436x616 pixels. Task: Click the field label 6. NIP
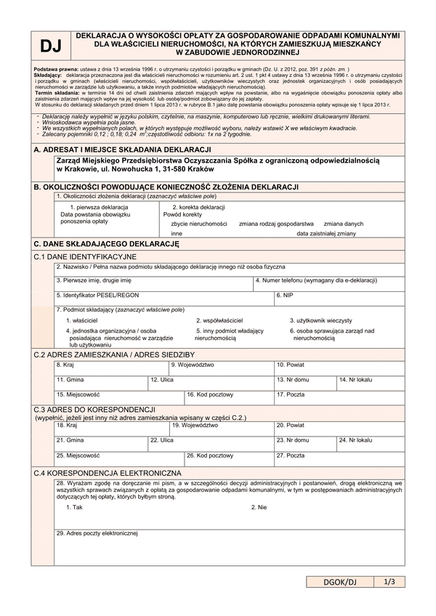(x=286, y=296)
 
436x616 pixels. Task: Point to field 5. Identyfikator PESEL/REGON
(x=97, y=296)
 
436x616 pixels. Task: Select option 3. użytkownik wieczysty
(x=321, y=320)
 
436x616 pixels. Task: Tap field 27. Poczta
(x=290, y=455)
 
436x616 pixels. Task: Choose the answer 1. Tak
(x=74, y=507)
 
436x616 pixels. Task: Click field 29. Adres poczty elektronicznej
(x=97, y=534)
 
